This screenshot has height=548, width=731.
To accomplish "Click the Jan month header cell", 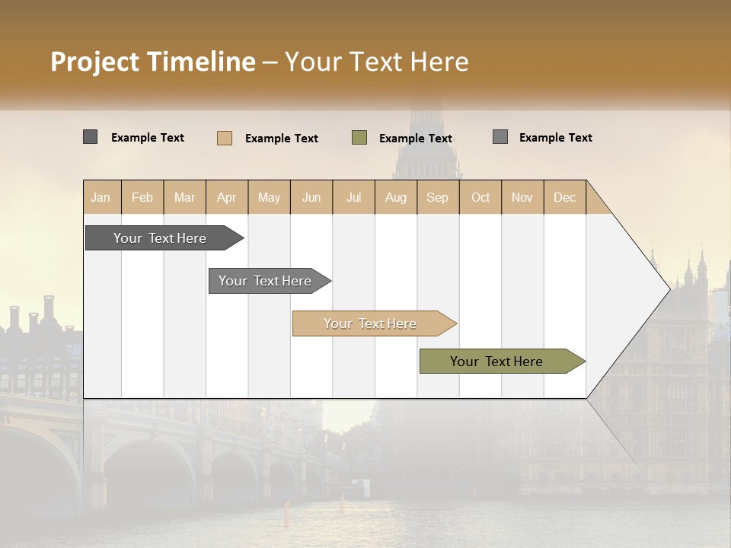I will point(101,197).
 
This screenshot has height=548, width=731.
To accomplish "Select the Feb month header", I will point(142,197).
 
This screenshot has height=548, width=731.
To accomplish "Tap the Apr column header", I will point(226,197).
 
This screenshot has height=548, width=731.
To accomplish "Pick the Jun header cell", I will point(311,197).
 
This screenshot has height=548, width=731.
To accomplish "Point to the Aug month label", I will point(395,197).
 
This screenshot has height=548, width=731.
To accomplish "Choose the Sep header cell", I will point(437,197).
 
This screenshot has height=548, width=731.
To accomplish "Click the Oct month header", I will point(480,197).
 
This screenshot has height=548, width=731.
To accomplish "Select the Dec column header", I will point(564,197).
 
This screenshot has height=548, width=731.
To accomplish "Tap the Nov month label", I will point(522,197).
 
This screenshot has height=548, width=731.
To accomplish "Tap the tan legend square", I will point(225,138).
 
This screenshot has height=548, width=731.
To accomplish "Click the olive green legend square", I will point(359,137).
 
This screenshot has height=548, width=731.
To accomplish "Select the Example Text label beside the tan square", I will point(281,138).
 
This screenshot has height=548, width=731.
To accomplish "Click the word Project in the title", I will point(94,62).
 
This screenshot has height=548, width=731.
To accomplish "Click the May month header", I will point(269,197).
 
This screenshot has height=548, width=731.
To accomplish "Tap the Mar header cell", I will point(184,197).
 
